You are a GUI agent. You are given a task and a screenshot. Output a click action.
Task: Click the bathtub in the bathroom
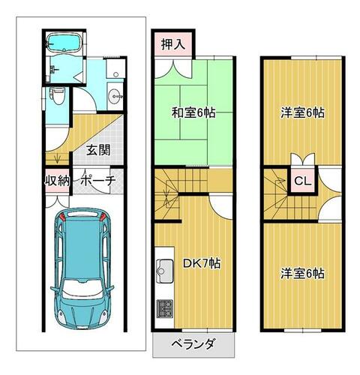[64, 42]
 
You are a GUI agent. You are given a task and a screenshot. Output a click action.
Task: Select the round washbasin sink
[115, 96]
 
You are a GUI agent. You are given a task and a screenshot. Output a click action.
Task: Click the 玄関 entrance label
[98, 150]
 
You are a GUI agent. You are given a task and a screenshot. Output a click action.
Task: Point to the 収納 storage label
[58, 181]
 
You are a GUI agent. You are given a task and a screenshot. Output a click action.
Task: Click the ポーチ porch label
[98, 181]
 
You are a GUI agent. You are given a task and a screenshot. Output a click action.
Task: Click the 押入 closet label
[173, 44]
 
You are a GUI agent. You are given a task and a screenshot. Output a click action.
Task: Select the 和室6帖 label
[193, 113]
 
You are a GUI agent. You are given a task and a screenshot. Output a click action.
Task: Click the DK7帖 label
[202, 263]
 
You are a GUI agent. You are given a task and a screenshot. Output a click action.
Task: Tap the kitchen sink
[165, 271]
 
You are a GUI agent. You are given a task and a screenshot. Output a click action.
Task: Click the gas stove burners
[165, 308]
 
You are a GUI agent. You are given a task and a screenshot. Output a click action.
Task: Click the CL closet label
[303, 181]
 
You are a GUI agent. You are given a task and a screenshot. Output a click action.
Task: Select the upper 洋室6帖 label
[303, 113]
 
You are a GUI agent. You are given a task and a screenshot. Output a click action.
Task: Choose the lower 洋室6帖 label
[303, 274]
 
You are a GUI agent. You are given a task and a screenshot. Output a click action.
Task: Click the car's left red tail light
[63, 217]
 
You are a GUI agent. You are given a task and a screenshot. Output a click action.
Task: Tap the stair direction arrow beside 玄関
[58, 159]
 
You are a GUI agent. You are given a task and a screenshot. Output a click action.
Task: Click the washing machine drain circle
[115, 74]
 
